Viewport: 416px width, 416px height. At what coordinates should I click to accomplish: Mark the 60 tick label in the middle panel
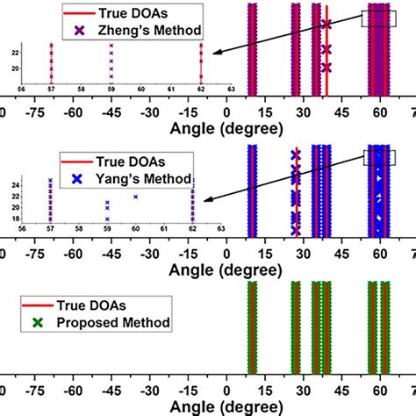coord(379,252)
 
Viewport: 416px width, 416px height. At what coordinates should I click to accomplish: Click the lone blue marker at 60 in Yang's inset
coord(136,197)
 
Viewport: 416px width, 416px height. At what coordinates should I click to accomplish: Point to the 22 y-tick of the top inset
coord(11,54)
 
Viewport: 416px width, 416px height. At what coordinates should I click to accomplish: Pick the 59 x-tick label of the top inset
coord(111,88)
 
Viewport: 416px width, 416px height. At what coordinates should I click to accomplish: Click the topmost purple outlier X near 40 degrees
coord(326,25)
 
